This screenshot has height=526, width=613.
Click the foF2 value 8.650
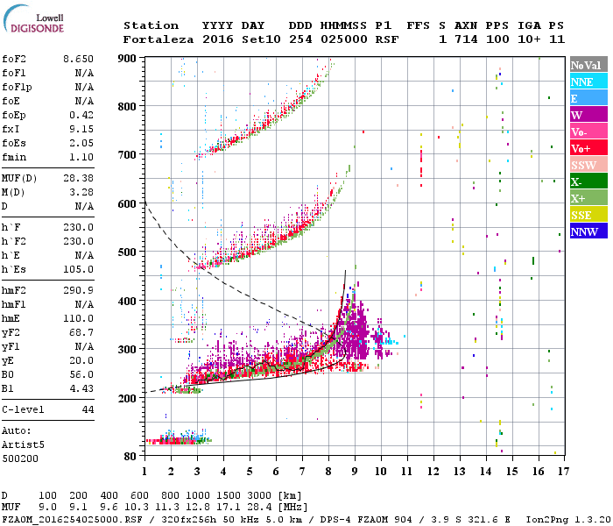pyautogui.click(x=78, y=59)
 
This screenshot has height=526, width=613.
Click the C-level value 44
pyautogui.click(x=88, y=409)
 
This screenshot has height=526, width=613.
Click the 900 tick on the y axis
pyautogui.click(x=128, y=59)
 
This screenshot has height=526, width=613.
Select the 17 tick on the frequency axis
pyautogui.click(x=561, y=471)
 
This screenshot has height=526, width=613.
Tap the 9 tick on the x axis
pyautogui.click(x=355, y=471)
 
